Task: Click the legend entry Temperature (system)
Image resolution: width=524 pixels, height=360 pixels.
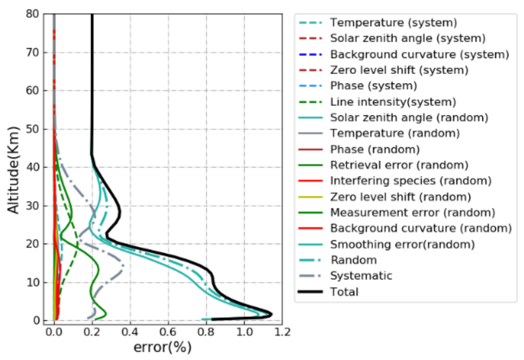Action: pos(393,23)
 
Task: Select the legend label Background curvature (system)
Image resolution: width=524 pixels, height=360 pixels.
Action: pos(420,54)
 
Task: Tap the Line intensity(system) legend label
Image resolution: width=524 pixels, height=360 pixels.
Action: pos(393,102)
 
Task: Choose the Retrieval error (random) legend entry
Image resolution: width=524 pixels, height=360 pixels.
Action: pos(399,165)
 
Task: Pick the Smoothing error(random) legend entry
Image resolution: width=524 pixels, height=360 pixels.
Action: pos(402,244)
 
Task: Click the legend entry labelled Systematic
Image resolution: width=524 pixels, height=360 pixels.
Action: pos(361,276)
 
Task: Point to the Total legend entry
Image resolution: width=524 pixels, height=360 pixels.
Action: pos(344,292)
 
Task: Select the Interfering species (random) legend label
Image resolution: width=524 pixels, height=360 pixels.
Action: pos(411,181)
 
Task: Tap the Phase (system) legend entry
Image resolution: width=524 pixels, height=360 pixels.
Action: pos(373,86)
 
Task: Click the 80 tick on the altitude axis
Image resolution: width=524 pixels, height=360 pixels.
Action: pos(32,14)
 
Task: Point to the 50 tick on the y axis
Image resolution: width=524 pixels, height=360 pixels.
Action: pos(32,129)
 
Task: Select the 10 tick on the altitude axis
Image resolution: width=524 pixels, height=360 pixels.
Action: pos(32,282)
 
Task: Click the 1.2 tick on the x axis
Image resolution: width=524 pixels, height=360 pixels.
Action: pos(282,332)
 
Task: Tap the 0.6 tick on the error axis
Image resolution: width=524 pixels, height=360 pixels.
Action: pos(168,332)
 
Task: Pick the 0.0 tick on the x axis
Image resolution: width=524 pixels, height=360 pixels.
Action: pos(54,332)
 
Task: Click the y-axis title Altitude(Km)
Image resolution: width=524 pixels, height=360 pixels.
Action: pos(13,170)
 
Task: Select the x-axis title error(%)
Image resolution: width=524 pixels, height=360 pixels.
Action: pos(162,347)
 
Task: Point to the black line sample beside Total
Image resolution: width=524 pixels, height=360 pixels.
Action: pos(310,292)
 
